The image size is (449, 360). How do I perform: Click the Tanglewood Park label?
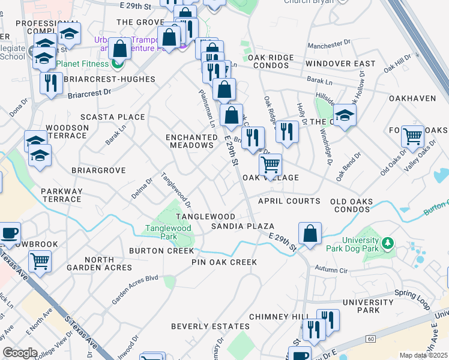[167, 232]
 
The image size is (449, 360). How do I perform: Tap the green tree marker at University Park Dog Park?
[388, 243]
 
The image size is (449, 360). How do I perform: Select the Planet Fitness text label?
[83, 64]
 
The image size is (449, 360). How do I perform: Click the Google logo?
[20, 353]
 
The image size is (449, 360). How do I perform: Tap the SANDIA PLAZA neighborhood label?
[243, 226]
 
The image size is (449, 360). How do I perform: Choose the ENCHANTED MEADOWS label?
[191, 141]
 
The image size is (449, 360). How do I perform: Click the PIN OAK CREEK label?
[224, 262]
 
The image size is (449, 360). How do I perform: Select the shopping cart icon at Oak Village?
[271, 164]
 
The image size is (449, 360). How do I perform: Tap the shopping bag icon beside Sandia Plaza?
[310, 233]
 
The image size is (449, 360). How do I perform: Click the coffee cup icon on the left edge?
[9, 233]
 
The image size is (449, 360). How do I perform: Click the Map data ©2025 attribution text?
[423, 355]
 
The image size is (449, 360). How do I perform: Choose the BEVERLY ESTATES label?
[210, 326]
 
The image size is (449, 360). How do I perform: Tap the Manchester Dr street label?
[328, 46]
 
